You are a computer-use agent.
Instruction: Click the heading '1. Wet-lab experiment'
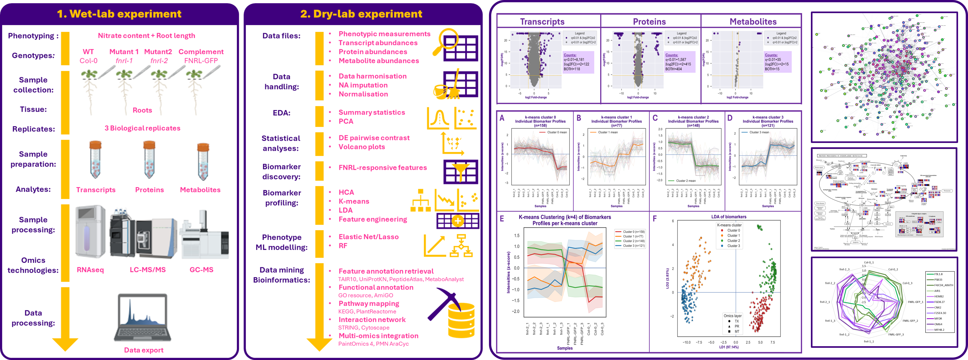[119, 14]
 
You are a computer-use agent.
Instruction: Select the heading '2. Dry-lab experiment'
[361, 14]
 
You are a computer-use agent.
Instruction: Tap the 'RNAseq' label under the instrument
[90, 270]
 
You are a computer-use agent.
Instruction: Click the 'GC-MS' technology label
[201, 270]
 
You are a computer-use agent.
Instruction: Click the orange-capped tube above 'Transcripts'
[95, 160]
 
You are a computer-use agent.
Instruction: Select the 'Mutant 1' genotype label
[124, 52]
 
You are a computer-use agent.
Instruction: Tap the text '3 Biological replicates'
[142, 128]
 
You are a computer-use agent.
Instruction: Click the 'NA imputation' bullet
[363, 85]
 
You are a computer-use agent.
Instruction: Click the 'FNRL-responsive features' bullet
[383, 168]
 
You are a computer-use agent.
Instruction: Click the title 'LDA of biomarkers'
[729, 217]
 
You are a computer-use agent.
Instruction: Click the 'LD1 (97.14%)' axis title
[729, 347]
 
